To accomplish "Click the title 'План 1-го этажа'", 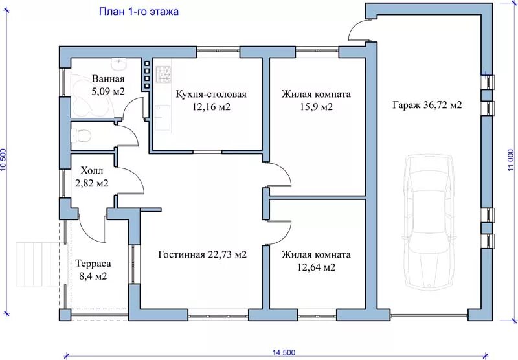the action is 139,12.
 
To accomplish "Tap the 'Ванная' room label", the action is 108,79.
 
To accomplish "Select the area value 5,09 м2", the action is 108,91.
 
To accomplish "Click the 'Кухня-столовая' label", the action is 211,94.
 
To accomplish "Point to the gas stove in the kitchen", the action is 164,74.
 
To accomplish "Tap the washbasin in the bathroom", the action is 118,63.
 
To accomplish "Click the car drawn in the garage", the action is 429,221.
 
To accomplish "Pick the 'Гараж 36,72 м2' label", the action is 427,105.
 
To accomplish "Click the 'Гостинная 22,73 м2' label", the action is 203,254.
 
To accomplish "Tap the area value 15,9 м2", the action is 316,107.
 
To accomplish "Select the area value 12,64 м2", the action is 316,267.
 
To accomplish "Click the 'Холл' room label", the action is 92,171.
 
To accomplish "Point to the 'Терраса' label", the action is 93,264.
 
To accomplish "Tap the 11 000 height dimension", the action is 511,159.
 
